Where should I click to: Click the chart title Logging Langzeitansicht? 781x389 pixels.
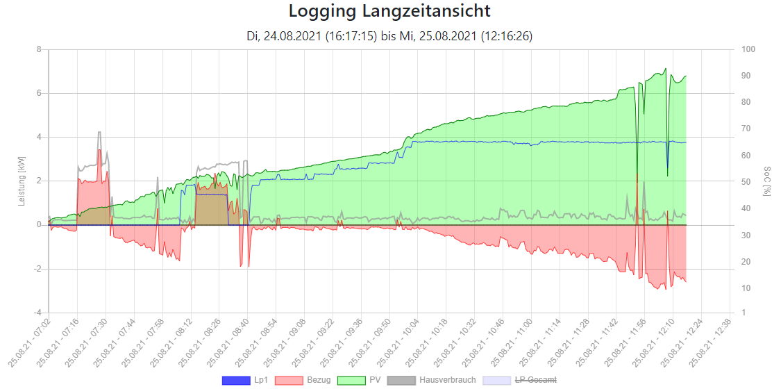389,12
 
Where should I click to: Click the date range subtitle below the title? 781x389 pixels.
389,36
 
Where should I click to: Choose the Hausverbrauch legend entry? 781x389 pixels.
431,380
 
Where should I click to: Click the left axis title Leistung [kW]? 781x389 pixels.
22,181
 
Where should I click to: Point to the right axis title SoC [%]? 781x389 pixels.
766,181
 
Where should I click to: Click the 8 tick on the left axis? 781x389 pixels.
40,49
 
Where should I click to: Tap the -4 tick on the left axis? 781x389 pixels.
38,313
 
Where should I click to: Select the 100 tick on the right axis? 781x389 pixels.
748,49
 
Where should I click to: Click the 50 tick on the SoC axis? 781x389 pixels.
746,181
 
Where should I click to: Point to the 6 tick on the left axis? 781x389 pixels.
40,93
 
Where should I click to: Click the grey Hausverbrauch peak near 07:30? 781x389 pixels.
100,133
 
